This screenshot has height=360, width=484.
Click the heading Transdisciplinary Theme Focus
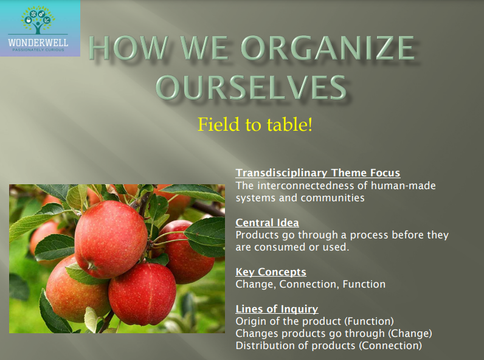click(x=317, y=173)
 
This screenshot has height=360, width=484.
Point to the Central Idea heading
click(x=267, y=223)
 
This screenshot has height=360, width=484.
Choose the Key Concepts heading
click(x=271, y=272)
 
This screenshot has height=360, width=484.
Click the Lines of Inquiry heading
click(x=277, y=309)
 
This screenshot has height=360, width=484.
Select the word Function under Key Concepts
click(x=364, y=284)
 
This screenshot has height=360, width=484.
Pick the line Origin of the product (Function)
click(x=314, y=321)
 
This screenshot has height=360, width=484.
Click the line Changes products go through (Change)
click(x=333, y=333)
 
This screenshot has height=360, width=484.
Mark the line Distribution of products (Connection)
click(x=328, y=345)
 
